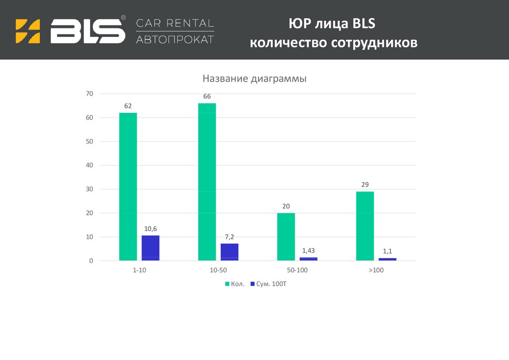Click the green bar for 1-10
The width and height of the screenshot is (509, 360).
pyautogui.click(x=128, y=186)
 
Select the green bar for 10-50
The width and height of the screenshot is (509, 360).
pyautogui.click(x=207, y=181)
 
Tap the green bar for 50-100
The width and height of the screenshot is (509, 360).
pyautogui.click(x=286, y=237)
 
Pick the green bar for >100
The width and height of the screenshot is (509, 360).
pyautogui.click(x=365, y=226)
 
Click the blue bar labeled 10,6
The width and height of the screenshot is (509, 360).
pyautogui.click(x=150, y=248)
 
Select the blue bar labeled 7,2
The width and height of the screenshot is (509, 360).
pyautogui.click(x=229, y=252)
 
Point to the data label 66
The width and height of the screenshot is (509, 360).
pyautogui.click(x=207, y=96)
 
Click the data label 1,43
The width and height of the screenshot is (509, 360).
pyautogui.click(x=308, y=250)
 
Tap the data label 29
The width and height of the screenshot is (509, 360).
pyautogui.click(x=365, y=185)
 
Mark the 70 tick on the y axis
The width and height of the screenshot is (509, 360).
pyautogui.click(x=89, y=93)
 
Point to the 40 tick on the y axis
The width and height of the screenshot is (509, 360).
pyautogui.click(x=89, y=165)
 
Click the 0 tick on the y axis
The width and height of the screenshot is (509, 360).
pyautogui.click(x=91, y=261)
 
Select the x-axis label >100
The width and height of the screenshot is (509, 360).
pyautogui.click(x=376, y=270)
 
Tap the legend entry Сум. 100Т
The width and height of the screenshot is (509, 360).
pyautogui.click(x=271, y=284)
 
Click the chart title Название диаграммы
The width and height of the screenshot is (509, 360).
pyautogui.click(x=254, y=79)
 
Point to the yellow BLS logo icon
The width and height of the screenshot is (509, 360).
pyautogui.click(x=28, y=31)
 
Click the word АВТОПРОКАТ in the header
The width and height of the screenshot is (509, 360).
pyautogui.click(x=175, y=39)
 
